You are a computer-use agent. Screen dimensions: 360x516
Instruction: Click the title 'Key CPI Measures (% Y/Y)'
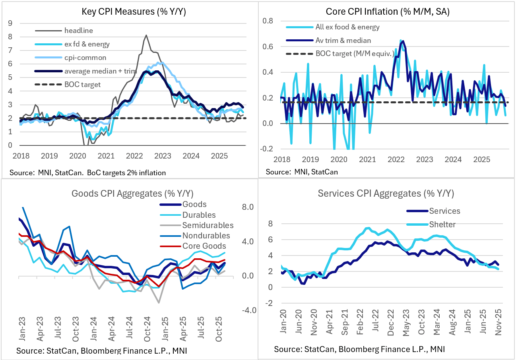(134, 12)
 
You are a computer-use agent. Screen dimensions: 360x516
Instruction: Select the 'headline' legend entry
(78, 30)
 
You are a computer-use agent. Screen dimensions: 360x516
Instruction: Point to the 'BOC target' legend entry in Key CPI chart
(82, 84)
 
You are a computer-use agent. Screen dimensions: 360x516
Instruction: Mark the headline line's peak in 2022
(146, 35)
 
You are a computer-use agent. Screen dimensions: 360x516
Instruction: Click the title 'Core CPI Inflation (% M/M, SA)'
(387, 12)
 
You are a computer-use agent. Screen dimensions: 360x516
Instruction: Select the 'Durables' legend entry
(199, 215)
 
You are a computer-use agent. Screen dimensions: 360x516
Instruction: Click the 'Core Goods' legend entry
(204, 246)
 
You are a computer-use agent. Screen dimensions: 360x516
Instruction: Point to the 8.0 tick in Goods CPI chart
(248, 207)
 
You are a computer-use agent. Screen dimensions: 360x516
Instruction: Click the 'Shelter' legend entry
(442, 225)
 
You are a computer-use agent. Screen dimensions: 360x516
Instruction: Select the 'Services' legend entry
(444, 211)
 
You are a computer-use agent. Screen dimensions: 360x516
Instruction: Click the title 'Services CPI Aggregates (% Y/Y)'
(386, 194)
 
